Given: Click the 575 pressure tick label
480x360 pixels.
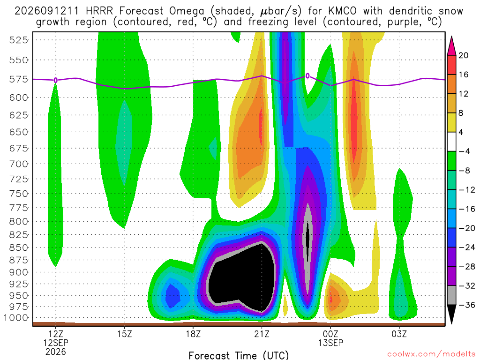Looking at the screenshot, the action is pyautogui.click(x=18, y=79).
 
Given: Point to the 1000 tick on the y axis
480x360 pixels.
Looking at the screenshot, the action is pyautogui.click(x=15, y=318).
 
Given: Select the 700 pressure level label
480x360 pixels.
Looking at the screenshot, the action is pyautogui.click(x=18, y=164).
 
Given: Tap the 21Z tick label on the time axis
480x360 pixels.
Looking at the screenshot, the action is pyautogui.click(x=262, y=334).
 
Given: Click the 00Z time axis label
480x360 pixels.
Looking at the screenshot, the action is pyautogui.click(x=330, y=334).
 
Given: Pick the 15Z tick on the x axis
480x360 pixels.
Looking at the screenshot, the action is pyautogui.click(x=124, y=334).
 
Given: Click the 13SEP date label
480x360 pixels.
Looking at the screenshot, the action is pyautogui.click(x=330, y=343).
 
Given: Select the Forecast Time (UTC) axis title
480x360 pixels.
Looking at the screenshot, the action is pyautogui.click(x=239, y=355).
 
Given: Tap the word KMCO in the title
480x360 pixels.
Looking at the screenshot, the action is pyautogui.click(x=342, y=11).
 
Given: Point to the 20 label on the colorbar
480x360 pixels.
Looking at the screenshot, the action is pyautogui.click(x=464, y=55).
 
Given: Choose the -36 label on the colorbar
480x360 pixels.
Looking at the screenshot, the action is pyautogui.click(x=467, y=305).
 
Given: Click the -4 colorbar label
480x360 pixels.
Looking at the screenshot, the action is pyautogui.click(x=464, y=151).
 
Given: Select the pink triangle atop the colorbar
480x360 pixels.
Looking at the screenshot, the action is pyautogui.click(x=451, y=46).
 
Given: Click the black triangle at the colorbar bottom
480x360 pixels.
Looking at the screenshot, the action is pyautogui.click(x=451, y=314).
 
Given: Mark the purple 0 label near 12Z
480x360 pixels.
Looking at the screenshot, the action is pyautogui.click(x=55, y=80).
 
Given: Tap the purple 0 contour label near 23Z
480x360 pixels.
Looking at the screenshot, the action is pyautogui.click(x=307, y=76).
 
